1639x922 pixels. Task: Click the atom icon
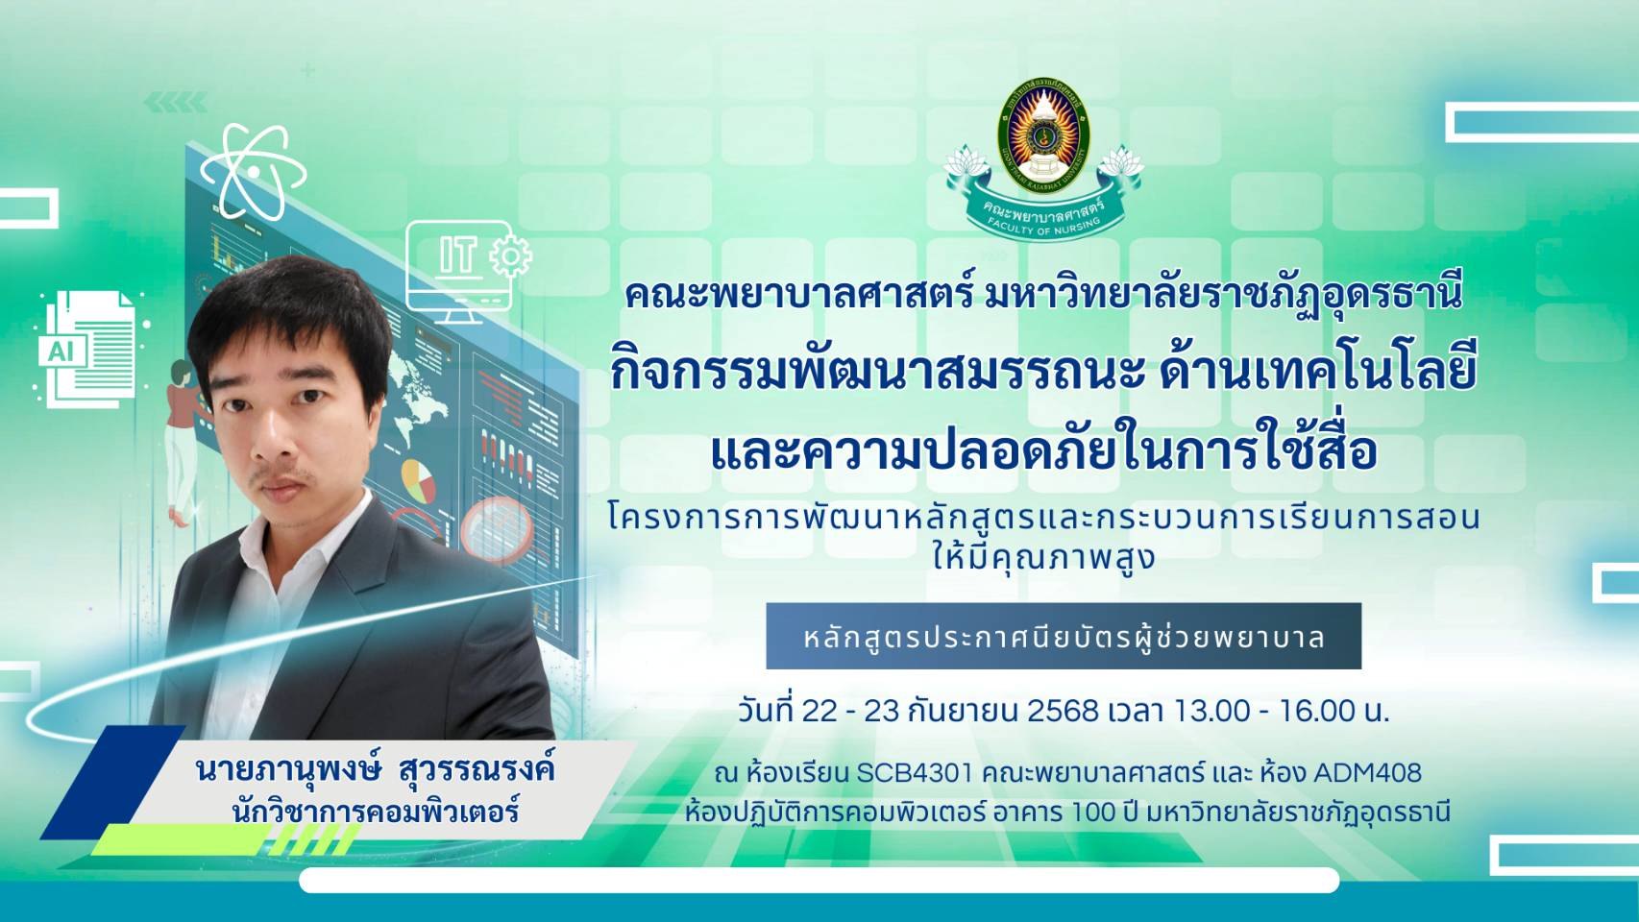tap(254, 173)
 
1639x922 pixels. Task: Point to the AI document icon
tap(87, 350)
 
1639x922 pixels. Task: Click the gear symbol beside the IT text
tap(511, 256)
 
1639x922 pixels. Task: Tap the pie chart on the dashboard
tap(418, 480)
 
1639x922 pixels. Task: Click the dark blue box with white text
tap(1064, 636)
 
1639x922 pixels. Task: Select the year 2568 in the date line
tap(1063, 711)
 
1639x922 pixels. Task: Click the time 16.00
tap(1316, 711)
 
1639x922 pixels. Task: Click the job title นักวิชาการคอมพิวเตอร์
tap(376, 813)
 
